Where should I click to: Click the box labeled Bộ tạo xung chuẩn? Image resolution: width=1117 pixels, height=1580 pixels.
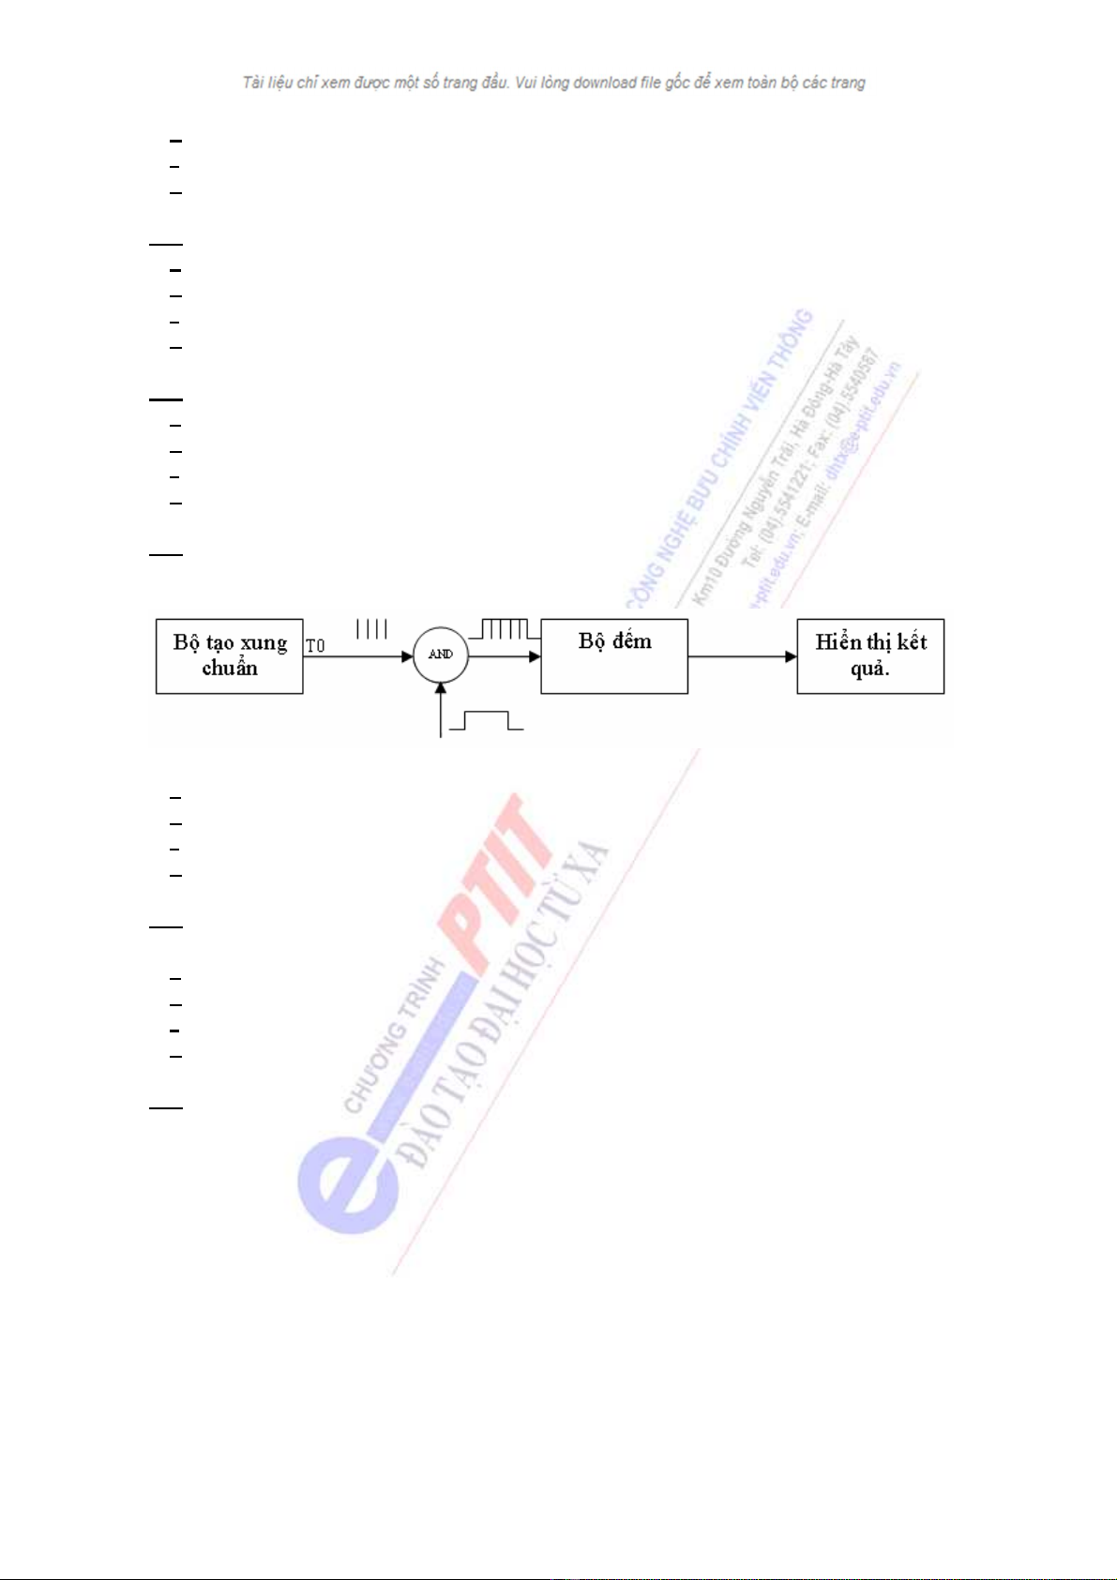(229, 655)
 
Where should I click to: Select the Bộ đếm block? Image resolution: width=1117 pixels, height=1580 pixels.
(614, 655)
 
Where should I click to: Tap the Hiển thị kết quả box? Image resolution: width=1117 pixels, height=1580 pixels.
(870, 655)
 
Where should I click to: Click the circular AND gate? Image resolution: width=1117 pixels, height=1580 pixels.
(441, 655)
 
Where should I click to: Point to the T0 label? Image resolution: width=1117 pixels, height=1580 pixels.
(315, 646)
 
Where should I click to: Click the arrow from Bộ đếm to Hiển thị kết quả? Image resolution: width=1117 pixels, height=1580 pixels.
(742, 656)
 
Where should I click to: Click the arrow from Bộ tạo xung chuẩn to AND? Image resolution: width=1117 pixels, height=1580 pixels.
(357, 656)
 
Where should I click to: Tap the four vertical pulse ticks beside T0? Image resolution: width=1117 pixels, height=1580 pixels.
(371, 629)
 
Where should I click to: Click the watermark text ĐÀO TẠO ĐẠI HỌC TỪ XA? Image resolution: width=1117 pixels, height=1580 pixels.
(506, 1003)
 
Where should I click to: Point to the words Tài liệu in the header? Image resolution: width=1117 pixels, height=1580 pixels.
(267, 83)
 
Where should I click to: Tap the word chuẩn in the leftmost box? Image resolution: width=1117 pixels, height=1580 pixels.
(229, 669)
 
